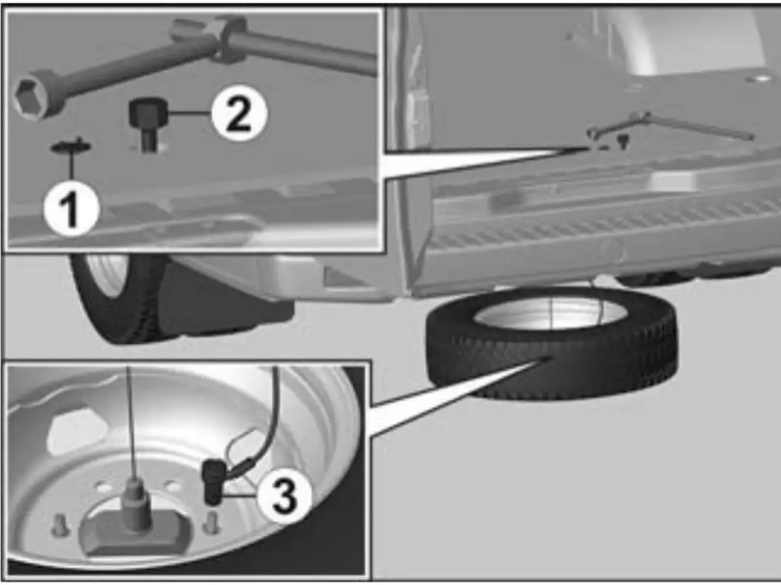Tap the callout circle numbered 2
239,113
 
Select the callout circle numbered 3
284,496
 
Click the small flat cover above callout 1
72,146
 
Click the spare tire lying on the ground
552,342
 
